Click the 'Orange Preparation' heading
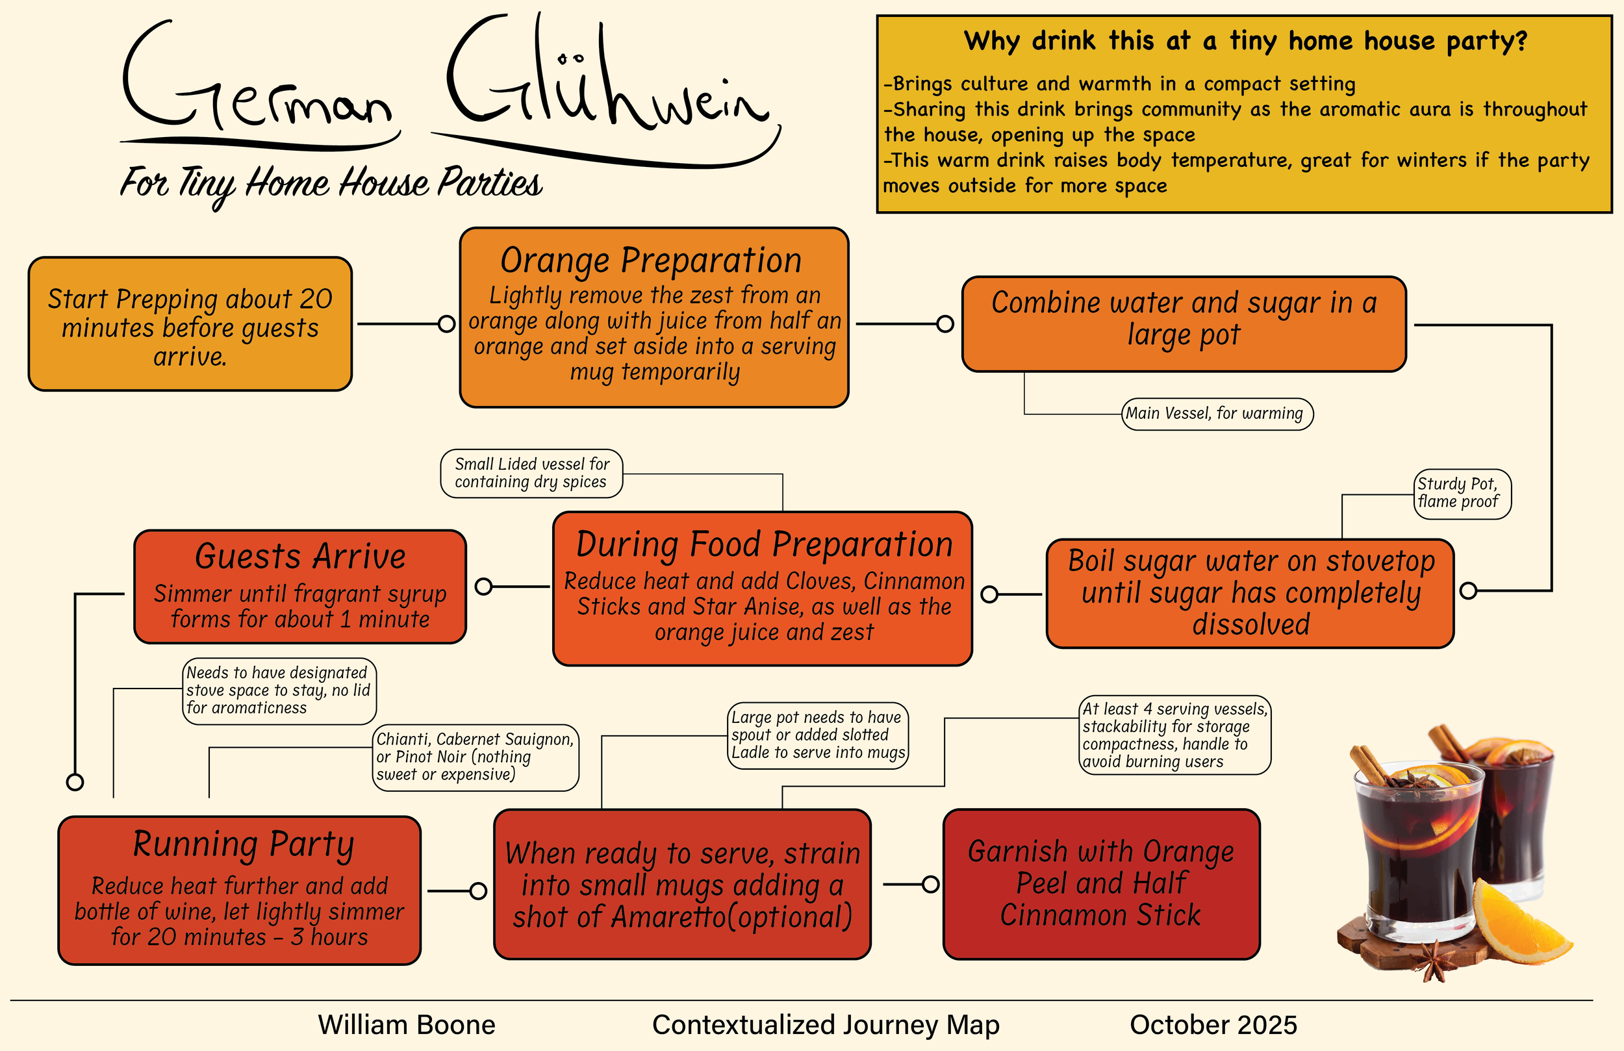650,260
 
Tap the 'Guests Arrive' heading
300,556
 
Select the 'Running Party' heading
243,844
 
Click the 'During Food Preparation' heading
764,544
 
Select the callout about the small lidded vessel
531,473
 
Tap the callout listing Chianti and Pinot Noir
476,757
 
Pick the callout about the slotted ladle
817,735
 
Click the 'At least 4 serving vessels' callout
1174,735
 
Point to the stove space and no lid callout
279,690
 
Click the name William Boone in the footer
407,1025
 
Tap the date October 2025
1213,1025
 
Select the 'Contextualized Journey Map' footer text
826,1025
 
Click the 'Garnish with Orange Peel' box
1100,884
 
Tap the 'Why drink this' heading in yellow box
1245,41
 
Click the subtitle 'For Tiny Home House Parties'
331,183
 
